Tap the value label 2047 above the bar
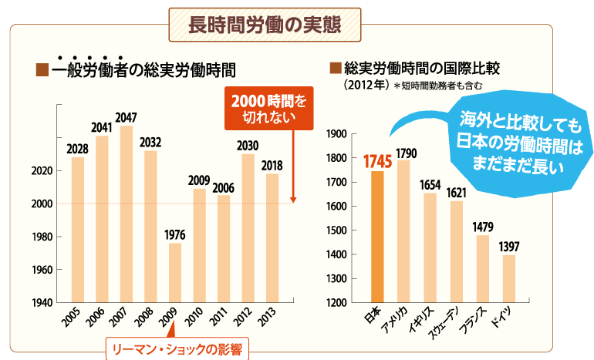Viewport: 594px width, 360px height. (126, 117)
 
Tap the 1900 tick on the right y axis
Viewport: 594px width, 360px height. (338, 134)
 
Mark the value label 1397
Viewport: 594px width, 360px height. (509, 247)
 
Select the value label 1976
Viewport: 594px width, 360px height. (175, 234)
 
